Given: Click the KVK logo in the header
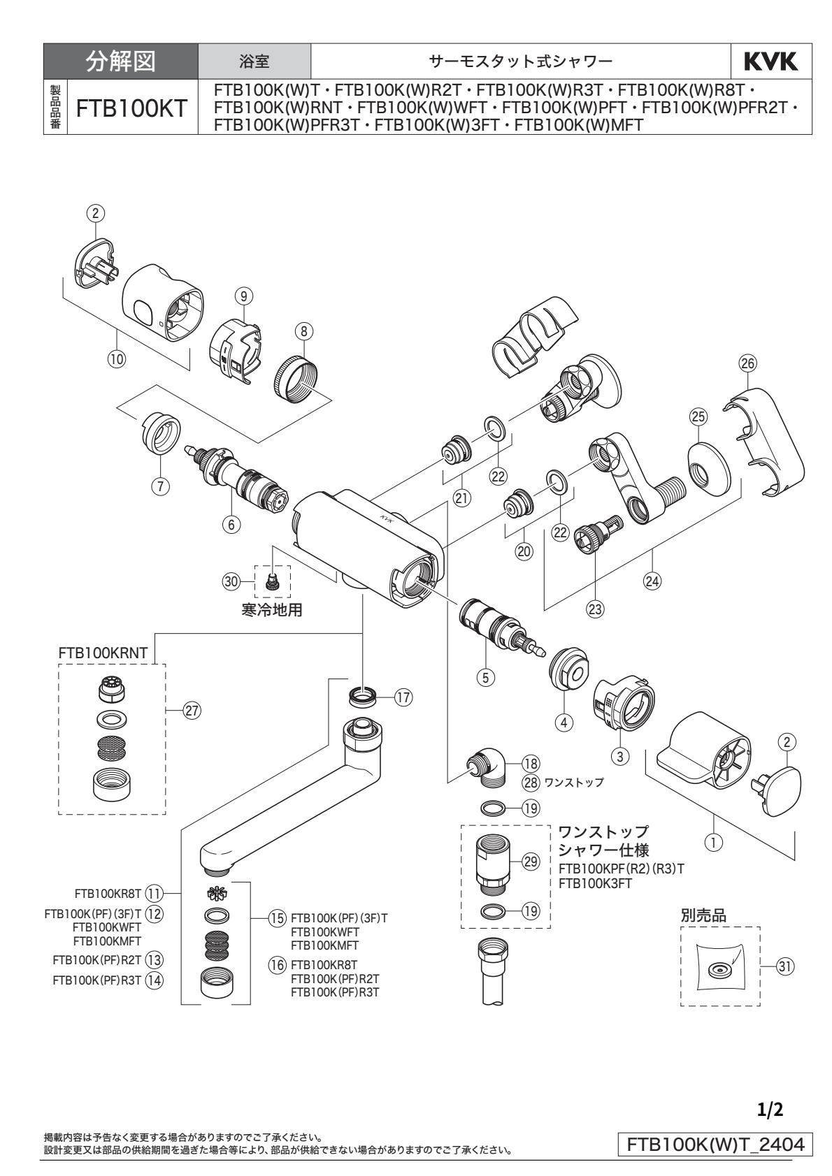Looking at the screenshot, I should (771, 63).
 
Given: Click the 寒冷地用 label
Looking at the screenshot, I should (273, 609).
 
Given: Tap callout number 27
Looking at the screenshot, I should (190, 710).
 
